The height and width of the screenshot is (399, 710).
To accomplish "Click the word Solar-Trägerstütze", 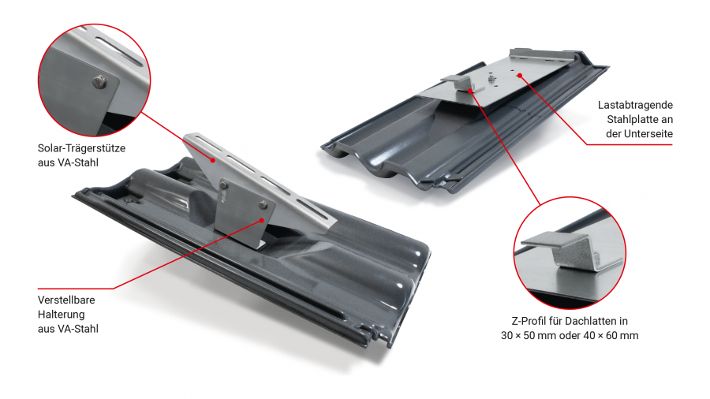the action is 81,148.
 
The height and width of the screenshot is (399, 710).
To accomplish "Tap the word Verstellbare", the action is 66,300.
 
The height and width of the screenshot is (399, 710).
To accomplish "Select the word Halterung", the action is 61,315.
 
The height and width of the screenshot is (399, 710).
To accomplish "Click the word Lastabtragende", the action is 635,106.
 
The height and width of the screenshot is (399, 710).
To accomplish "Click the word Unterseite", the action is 648,134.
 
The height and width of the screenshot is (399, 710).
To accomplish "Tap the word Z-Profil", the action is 529,321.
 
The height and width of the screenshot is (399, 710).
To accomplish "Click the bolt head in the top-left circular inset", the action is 99,82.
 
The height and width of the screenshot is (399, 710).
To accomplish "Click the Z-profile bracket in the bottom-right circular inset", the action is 570,251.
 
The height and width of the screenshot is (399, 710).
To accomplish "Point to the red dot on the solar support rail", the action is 213,160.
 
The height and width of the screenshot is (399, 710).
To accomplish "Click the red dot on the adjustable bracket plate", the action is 262,220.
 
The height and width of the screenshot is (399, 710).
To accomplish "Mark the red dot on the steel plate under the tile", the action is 520,76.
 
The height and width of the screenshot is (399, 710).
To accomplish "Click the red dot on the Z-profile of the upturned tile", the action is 470,91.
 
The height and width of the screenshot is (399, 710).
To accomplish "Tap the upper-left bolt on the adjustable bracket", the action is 224,185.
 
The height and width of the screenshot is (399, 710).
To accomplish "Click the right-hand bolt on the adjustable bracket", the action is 263,205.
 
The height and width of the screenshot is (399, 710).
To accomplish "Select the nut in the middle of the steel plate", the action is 491,78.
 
